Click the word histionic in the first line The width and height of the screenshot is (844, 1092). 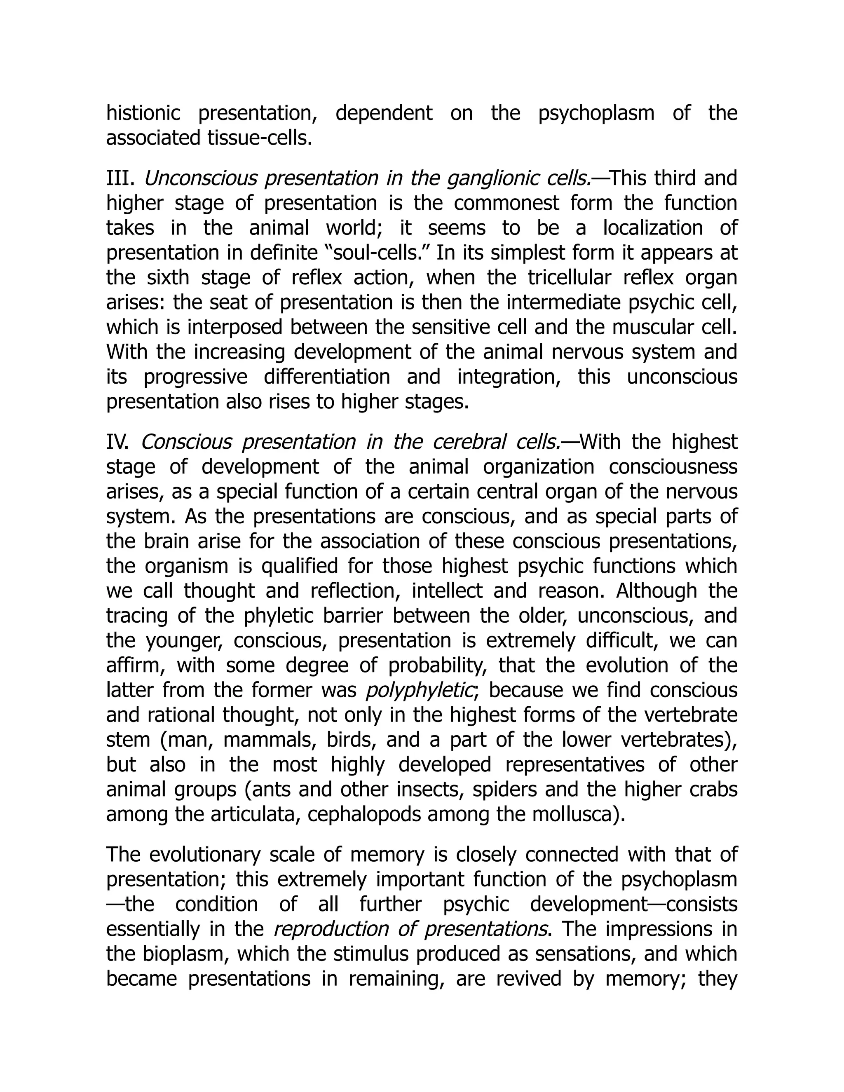143,113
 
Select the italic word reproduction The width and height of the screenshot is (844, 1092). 331,929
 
